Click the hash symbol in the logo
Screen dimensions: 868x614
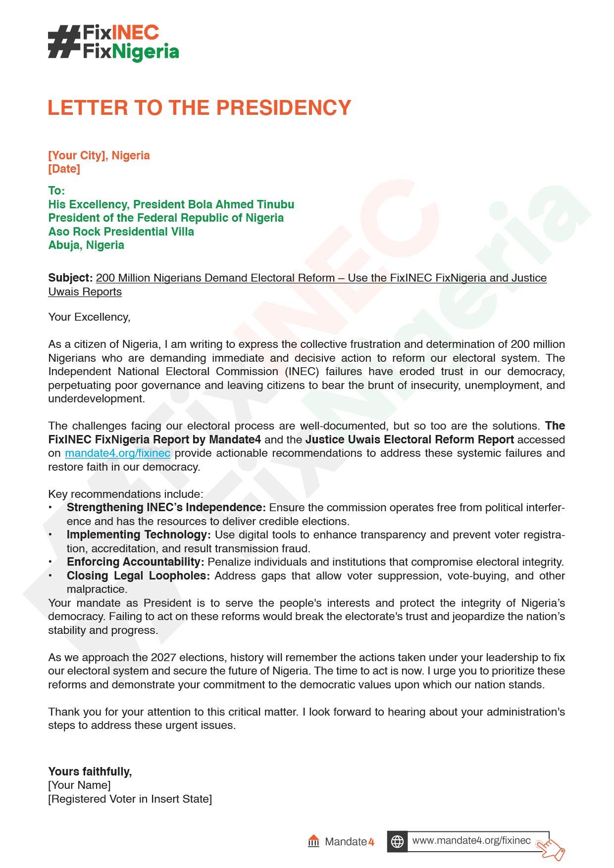(63, 42)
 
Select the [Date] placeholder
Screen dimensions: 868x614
(64, 169)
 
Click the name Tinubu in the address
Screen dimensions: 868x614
(275, 204)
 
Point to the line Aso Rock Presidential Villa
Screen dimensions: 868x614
(121, 232)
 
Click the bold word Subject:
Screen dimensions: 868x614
(70, 278)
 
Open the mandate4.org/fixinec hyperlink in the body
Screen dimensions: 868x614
(117, 453)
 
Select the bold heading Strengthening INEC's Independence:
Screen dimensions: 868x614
(166, 507)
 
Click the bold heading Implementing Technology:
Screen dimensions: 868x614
(139, 534)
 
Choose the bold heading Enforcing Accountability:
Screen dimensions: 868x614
(135, 562)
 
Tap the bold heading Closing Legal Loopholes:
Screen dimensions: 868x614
(138, 576)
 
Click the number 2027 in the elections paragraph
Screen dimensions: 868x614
(163, 657)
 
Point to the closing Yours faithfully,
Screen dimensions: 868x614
(90, 772)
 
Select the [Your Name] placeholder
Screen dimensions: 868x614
(79, 785)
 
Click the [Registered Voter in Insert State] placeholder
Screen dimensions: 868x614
(130, 799)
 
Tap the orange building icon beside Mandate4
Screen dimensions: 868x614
(313, 841)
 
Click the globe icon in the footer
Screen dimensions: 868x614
(397, 841)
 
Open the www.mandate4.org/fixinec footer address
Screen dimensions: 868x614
(471, 840)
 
